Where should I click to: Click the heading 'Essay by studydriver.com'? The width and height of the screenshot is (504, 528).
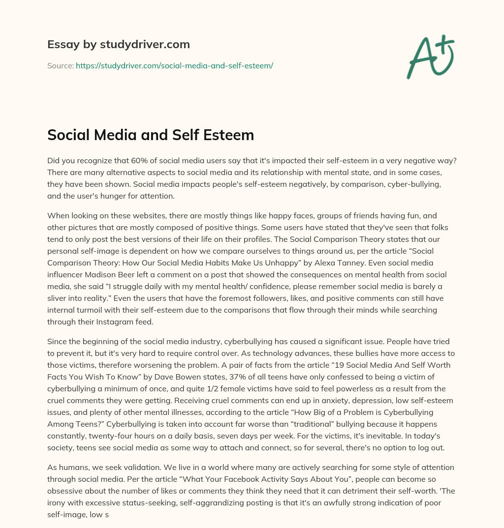point(118,44)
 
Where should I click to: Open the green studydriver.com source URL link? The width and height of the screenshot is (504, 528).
point(174,65)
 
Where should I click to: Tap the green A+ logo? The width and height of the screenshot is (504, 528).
point(430,57)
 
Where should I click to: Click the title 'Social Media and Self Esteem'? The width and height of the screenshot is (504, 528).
point(151,135)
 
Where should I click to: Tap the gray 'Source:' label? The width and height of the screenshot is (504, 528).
point(61,65)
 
